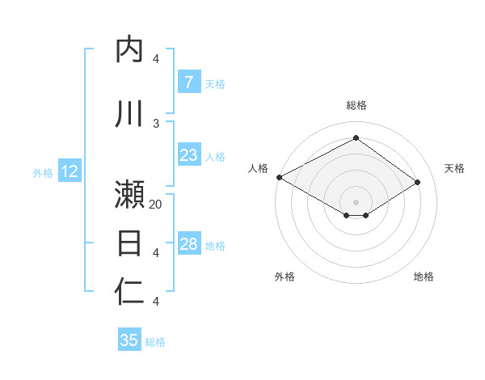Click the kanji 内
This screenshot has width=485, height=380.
[130, 49]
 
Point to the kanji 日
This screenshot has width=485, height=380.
[130, 243]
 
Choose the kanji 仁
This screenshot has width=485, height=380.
[130, 291]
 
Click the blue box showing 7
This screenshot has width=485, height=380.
[188, 82]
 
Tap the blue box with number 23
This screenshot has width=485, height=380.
[188, 155]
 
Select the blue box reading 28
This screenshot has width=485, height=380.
[188, 245]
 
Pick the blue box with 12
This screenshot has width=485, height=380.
[70, 171]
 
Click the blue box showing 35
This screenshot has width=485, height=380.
[129, 340]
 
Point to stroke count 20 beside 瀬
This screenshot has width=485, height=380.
[156, 205]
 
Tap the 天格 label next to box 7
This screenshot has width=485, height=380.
[215, 83]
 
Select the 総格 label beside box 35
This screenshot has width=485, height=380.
[155, 342]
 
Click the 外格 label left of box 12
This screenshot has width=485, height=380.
[43, 172]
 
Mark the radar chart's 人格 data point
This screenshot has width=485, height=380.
[279, 177]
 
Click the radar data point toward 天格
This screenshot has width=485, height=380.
[417, 183]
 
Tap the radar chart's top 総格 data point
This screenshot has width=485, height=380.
[356, 138]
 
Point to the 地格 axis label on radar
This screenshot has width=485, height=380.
[424, 277]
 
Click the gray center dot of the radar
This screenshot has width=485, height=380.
[356, 201]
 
